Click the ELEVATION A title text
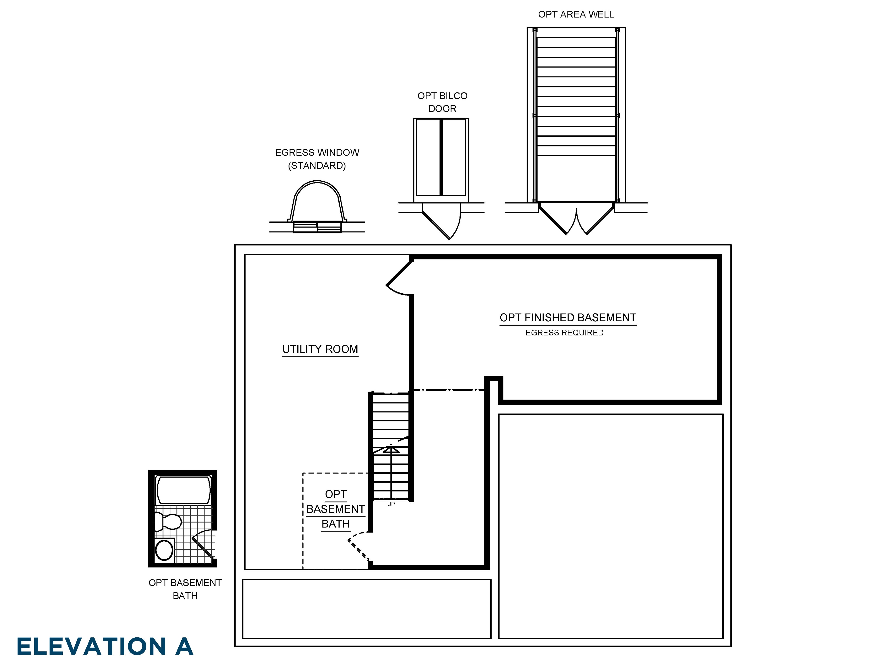pos(105,646)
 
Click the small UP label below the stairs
pos(391,504)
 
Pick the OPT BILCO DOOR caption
pos(442,102)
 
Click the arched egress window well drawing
pos(317,203)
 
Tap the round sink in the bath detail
pos(164,550)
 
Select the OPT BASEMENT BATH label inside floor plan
pos(335,509)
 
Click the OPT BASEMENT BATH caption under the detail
pos(185,589)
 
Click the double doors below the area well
pos(576,221)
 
